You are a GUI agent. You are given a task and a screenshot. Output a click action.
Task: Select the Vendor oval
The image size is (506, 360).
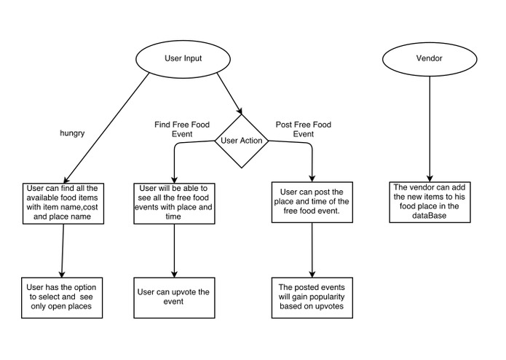[428, 58]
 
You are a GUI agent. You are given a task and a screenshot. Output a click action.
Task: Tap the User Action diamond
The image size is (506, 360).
[240, 140]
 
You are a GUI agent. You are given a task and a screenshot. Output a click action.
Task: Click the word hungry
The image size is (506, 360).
[73, 133]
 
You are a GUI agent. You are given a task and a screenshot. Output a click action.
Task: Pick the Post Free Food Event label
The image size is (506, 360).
[303, 129]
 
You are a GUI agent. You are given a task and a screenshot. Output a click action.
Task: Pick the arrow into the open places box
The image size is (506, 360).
[63, 248]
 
